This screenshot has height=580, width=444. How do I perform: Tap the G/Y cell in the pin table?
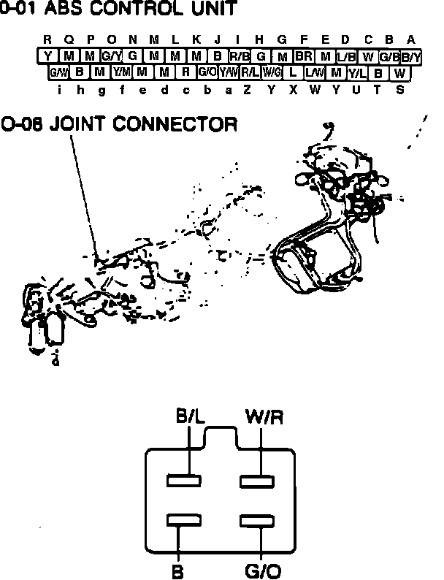[x=111, y=56]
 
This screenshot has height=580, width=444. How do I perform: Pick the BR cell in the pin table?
[x=303, y=56]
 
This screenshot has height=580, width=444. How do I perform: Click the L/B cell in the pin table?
[x=346, y=56]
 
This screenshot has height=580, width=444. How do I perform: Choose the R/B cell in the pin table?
[x=239, y=56]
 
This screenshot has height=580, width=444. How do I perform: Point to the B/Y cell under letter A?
[x=410, y=56]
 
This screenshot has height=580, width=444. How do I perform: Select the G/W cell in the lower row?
[x=58, y=72]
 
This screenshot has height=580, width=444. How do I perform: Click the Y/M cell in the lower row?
[x=121, y=72]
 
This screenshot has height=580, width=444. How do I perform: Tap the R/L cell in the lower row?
[x=250, y=72]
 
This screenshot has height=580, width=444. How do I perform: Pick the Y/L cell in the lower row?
[x=357, y=72]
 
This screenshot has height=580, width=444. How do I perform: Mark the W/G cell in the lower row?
[x=272, y=72]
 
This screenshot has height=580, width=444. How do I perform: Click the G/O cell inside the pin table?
[x=207, y=72]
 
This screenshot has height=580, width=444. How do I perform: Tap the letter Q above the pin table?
[x=69, y=39]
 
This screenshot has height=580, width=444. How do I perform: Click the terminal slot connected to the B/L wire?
[x=184, y=481]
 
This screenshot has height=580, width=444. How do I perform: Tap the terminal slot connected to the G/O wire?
[x=257, y=521]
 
